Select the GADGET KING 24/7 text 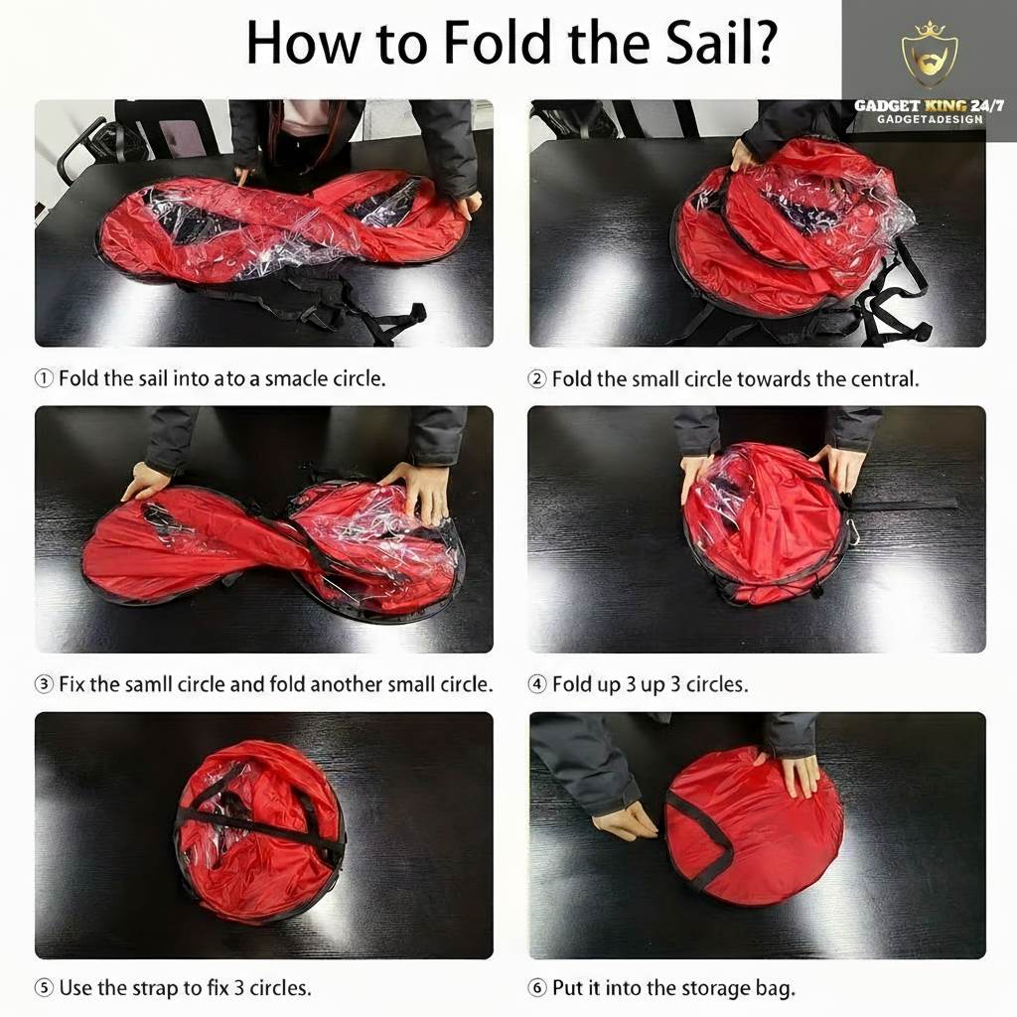click(x=929, y=105)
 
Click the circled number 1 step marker click(x=44, y=378)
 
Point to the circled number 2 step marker click(x=537, y=378)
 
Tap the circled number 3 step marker click(x=44, y=684)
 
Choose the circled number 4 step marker click(x=537, y=684)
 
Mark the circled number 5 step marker click(x=44, y=988)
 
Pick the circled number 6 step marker click(x=537, y=988)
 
